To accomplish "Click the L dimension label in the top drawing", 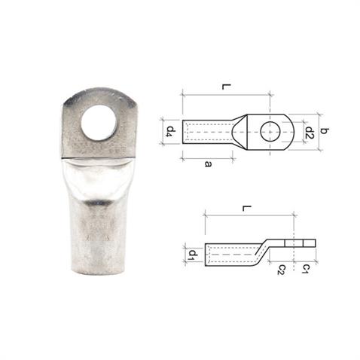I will pos(226,88).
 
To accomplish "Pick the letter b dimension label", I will pos(325,132).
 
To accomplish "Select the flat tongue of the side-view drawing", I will pos(298,243).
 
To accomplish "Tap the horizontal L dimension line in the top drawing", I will pos(226,96).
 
